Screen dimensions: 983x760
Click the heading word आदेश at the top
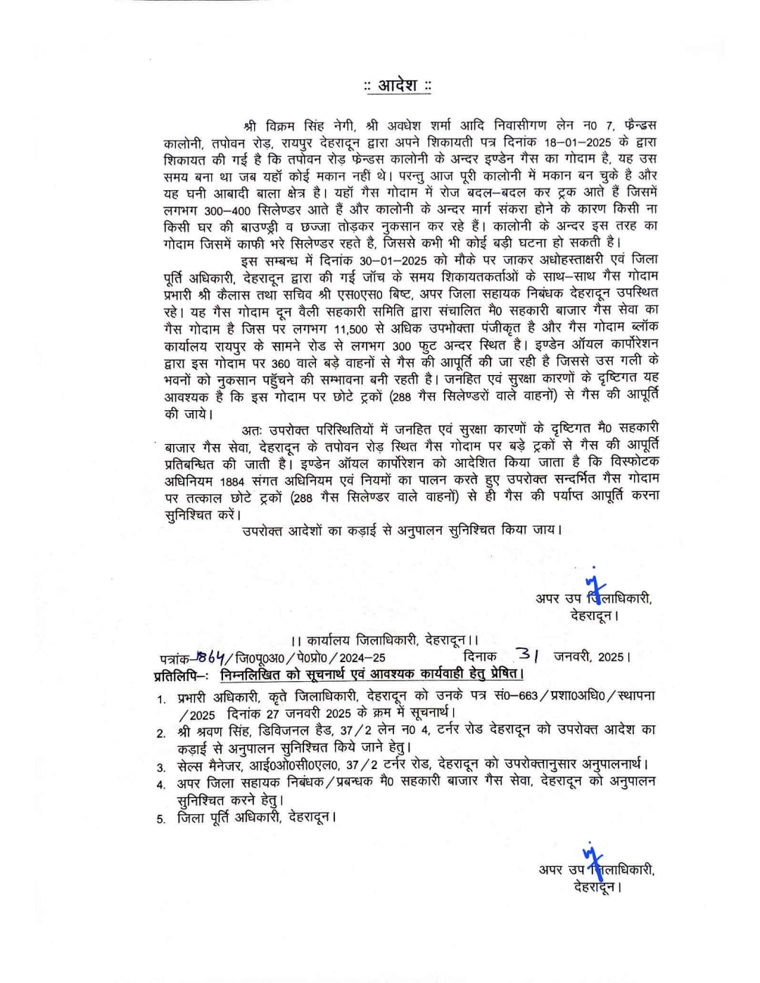(x=398, y=86)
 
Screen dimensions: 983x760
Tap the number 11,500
(x=351, y=329)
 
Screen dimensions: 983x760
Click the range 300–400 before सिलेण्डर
(x=228, y=210)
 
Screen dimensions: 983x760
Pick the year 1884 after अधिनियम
(x=232, y=481)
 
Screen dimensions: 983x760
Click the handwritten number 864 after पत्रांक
(x=210, y=657)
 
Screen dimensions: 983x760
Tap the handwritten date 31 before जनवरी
(x=527, y=654)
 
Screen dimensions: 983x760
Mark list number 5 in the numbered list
(x=161, y=819)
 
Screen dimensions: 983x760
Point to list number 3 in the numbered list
(x=161, y=767)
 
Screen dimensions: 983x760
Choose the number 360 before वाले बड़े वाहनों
(x=281, y=363)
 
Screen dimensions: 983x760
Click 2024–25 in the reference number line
(x=362, y=658)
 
